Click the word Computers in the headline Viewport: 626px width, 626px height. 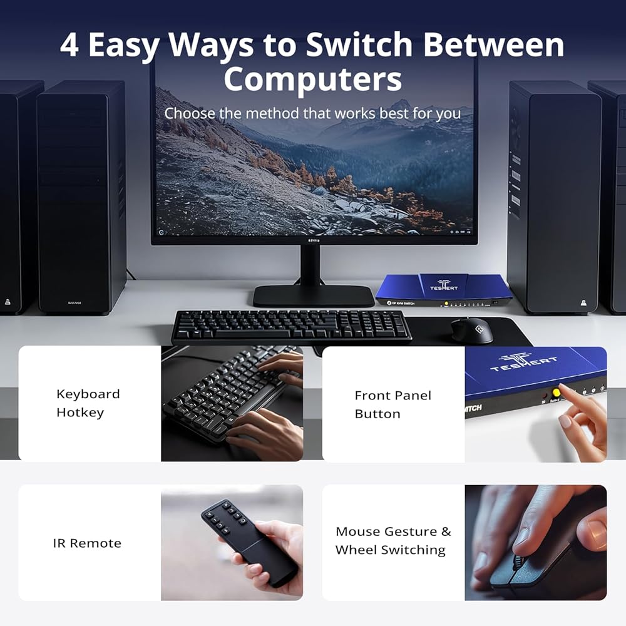(x=312, y=79)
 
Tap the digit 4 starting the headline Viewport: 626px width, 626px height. (x=69, y=45)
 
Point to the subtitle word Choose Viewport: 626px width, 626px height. (x=190, y=113)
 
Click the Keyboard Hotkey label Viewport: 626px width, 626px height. (x=88, y=403)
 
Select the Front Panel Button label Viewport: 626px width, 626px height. (x=393, y=404)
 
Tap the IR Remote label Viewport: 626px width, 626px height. (x=87, y=543)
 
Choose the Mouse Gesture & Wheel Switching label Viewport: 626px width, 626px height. (x=393, y=541)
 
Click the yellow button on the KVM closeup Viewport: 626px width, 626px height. (x=556, y=393)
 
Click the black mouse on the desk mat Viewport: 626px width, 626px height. (x=472, y=330)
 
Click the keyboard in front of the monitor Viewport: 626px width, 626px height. (x=292, y=326)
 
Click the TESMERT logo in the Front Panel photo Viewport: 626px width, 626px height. (x=523, y=362)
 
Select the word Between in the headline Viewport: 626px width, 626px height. (x=493, y=44)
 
